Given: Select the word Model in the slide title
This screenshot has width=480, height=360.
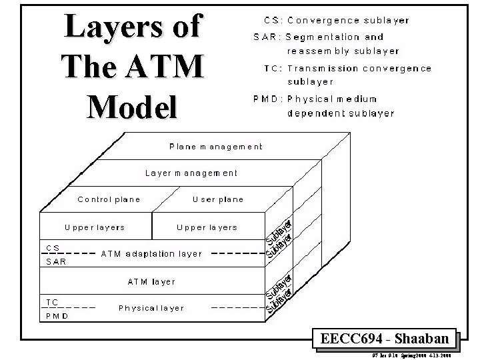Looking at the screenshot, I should pos(132,105).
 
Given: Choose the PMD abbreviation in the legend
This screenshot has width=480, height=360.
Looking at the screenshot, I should pos(265,99).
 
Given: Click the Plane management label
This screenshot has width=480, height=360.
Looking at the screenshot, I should pos(215,147).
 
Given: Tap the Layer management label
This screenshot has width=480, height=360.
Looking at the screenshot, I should pos(191,173).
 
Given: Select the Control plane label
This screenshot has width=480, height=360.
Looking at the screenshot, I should pos(109,199).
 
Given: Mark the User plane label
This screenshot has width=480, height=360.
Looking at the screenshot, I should pos(217,199).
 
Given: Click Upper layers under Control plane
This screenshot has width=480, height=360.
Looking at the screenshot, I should pos(95,227).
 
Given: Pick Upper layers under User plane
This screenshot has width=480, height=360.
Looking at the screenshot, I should pos(207,227).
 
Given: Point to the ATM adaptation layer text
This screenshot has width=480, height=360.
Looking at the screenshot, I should pos(151,253).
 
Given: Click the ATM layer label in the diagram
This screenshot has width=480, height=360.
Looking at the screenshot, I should pos(151,281).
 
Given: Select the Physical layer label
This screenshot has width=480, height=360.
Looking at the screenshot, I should pos(151,308).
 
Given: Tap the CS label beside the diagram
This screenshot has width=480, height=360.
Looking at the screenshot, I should pos(53,247).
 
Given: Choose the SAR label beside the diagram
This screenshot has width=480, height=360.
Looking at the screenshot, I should pos(56,261).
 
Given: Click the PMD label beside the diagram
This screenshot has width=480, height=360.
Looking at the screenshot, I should pos(57,315).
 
